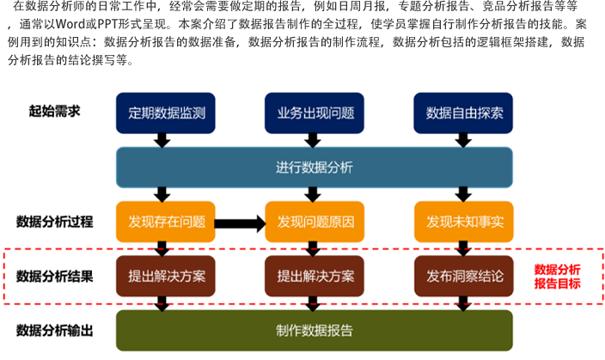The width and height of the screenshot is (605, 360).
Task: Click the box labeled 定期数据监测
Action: (167, 113)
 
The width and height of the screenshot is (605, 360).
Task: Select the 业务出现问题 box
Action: (315, 113)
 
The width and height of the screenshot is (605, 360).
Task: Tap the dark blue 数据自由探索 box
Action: (464, 113)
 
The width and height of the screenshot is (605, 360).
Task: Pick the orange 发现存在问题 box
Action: (167, 223)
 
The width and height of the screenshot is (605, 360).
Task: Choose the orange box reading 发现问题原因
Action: (315, 223)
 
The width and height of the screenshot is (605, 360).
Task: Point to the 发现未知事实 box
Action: (464, 223)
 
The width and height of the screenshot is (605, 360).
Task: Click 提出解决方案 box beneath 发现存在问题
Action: (167, 278)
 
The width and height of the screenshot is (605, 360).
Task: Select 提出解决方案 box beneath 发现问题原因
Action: (315, 278)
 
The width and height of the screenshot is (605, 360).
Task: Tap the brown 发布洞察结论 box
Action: (464, 278)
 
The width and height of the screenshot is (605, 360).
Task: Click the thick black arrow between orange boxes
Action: (240, 223)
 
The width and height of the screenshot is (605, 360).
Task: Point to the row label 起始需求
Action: (55, 112)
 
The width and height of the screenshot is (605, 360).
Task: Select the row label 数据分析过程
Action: (55, 222)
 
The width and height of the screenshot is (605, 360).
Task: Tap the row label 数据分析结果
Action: (55, 277)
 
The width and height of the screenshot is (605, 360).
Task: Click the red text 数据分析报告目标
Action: (557, 277)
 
